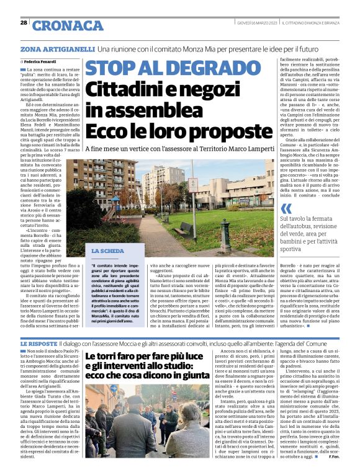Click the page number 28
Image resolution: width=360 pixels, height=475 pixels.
(24, 23)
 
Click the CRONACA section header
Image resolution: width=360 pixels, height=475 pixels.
(68, 25)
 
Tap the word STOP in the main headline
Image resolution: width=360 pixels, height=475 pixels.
(111, 69)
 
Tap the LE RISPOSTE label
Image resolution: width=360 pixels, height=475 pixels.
(39, 343)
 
